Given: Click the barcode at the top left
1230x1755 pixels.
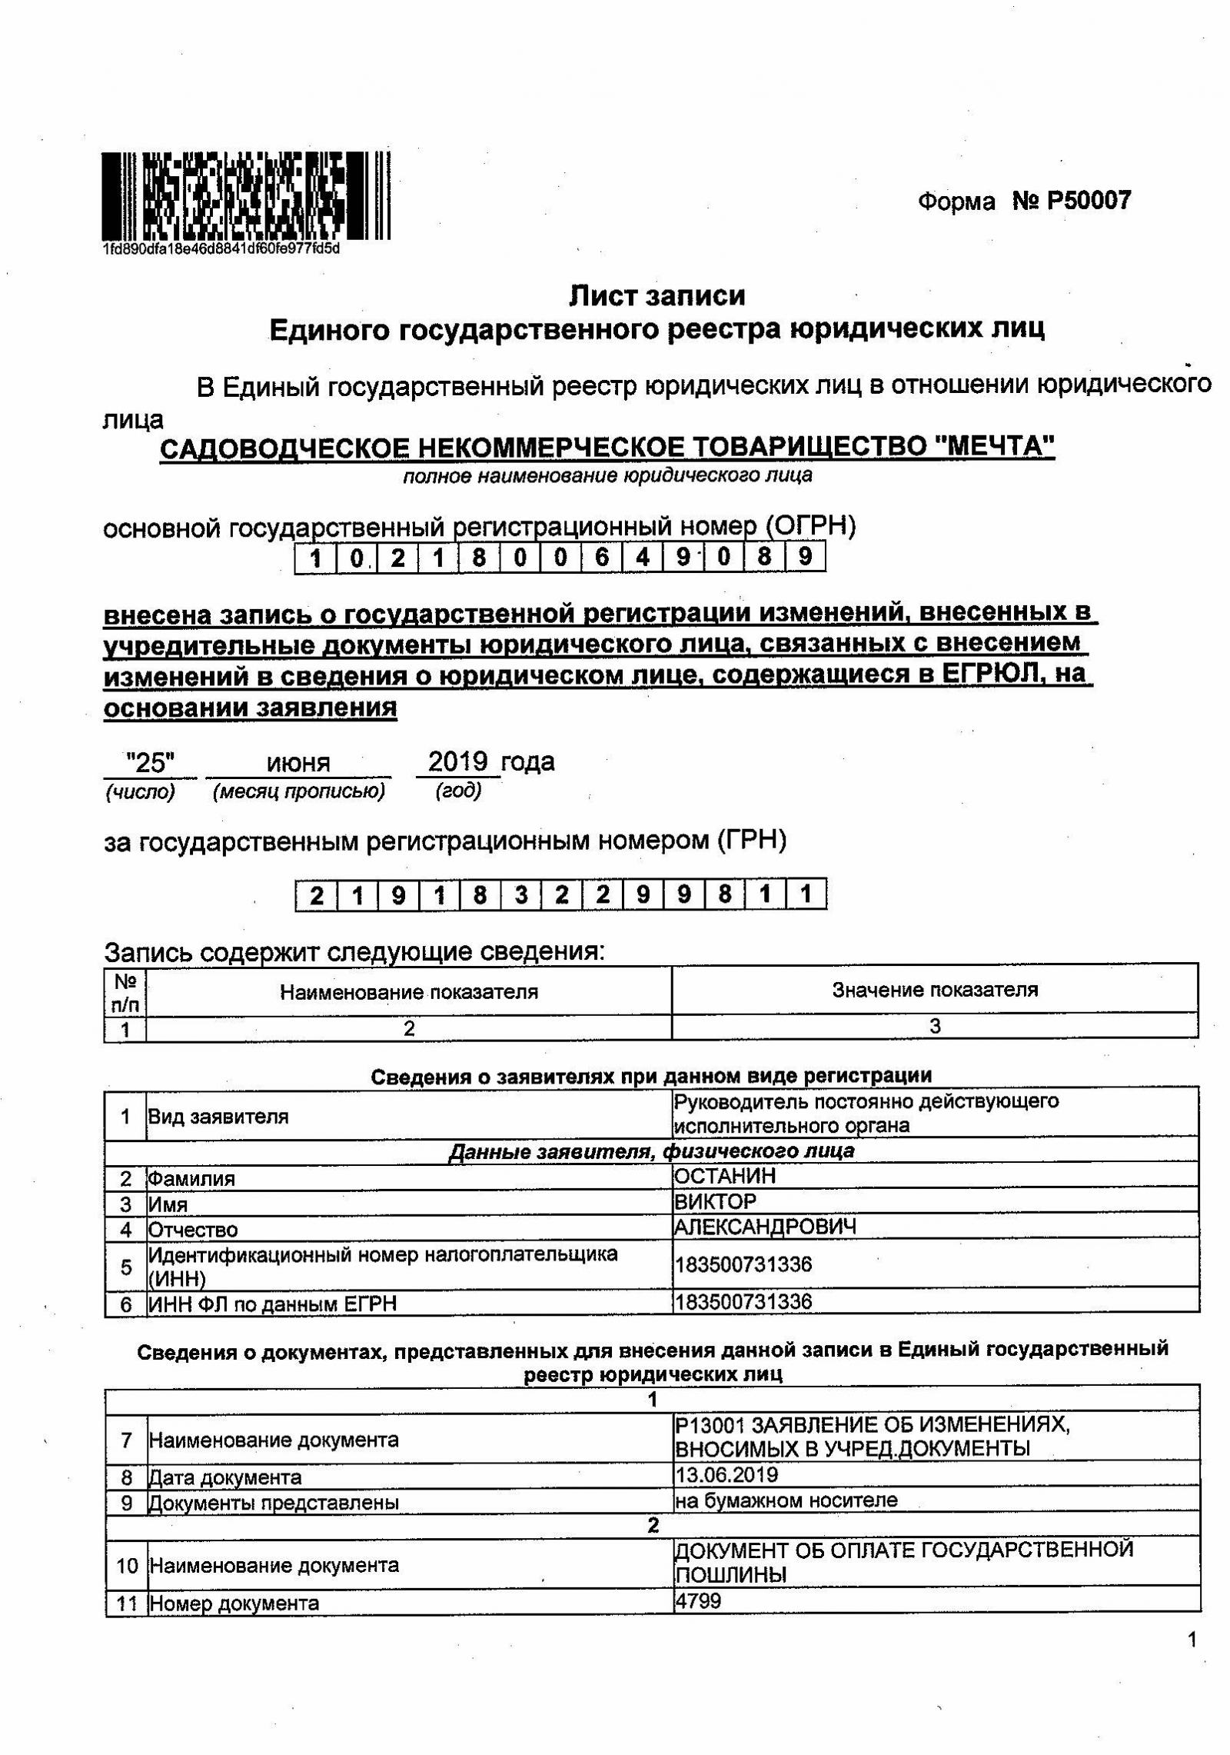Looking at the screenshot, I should [x=246, y=195].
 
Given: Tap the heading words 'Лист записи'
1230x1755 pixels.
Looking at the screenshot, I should [x=657, y=295].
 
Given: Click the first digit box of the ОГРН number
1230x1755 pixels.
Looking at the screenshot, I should [x=315, y=558].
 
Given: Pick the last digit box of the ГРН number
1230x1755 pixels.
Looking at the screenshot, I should [x=806, y=894].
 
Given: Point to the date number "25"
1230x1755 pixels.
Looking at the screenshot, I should [x=151, y=763].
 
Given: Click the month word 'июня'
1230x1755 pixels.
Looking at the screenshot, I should [x=298, y=764].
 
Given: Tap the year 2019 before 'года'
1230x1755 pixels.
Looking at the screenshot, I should [x=457, y=762].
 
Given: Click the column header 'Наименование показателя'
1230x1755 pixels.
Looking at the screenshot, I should [x=408, y=991].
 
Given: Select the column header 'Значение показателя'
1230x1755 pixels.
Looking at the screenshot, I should [x=935, y=990].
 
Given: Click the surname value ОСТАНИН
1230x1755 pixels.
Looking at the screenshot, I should [x=725, y=1176].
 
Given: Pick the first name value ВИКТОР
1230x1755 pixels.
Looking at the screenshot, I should [x=715, y=1201].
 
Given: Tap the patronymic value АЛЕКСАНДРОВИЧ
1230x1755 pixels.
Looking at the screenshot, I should [x=765, y=1226].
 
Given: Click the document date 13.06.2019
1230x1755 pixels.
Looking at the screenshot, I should [x=726, y=1474].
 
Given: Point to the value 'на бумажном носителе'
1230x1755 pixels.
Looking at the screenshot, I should [x=786, y=1500].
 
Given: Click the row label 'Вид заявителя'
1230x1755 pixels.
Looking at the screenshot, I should [x=218, y=1117].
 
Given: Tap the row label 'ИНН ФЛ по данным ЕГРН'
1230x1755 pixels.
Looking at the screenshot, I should [x=272, y=1304].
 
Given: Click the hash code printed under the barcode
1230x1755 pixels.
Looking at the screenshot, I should [x=221, y=248].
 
